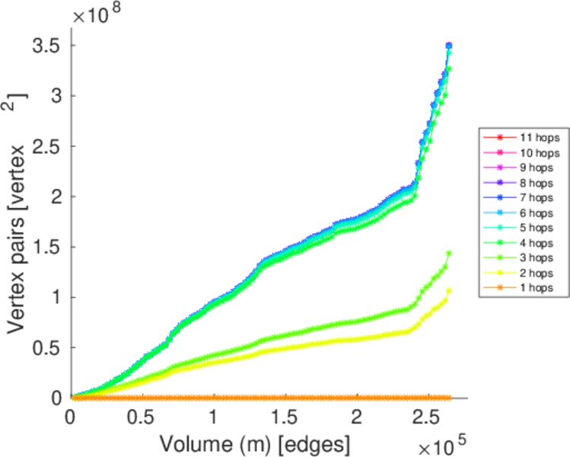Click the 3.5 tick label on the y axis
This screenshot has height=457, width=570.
[x=46, y=46]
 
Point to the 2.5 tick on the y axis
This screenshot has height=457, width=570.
[x=46, y=146]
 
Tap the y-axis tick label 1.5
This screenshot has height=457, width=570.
[x=46, y=247]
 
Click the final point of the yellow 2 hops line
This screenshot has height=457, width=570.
[x=449, y=290]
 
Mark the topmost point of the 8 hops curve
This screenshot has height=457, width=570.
[x=449, y=46]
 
